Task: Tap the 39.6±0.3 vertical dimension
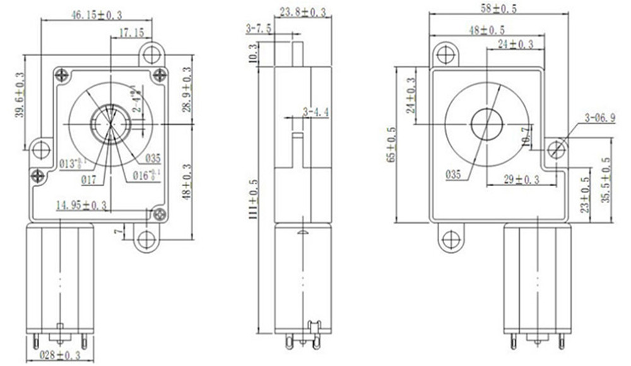point(20,95)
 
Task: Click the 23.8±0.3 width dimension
point(303,12)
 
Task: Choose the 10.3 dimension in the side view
point(253,54)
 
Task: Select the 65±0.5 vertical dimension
point(392,145)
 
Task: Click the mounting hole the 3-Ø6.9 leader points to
point(556,149)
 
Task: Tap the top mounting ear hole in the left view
point(151,54)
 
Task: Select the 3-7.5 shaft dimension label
point(259,28)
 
